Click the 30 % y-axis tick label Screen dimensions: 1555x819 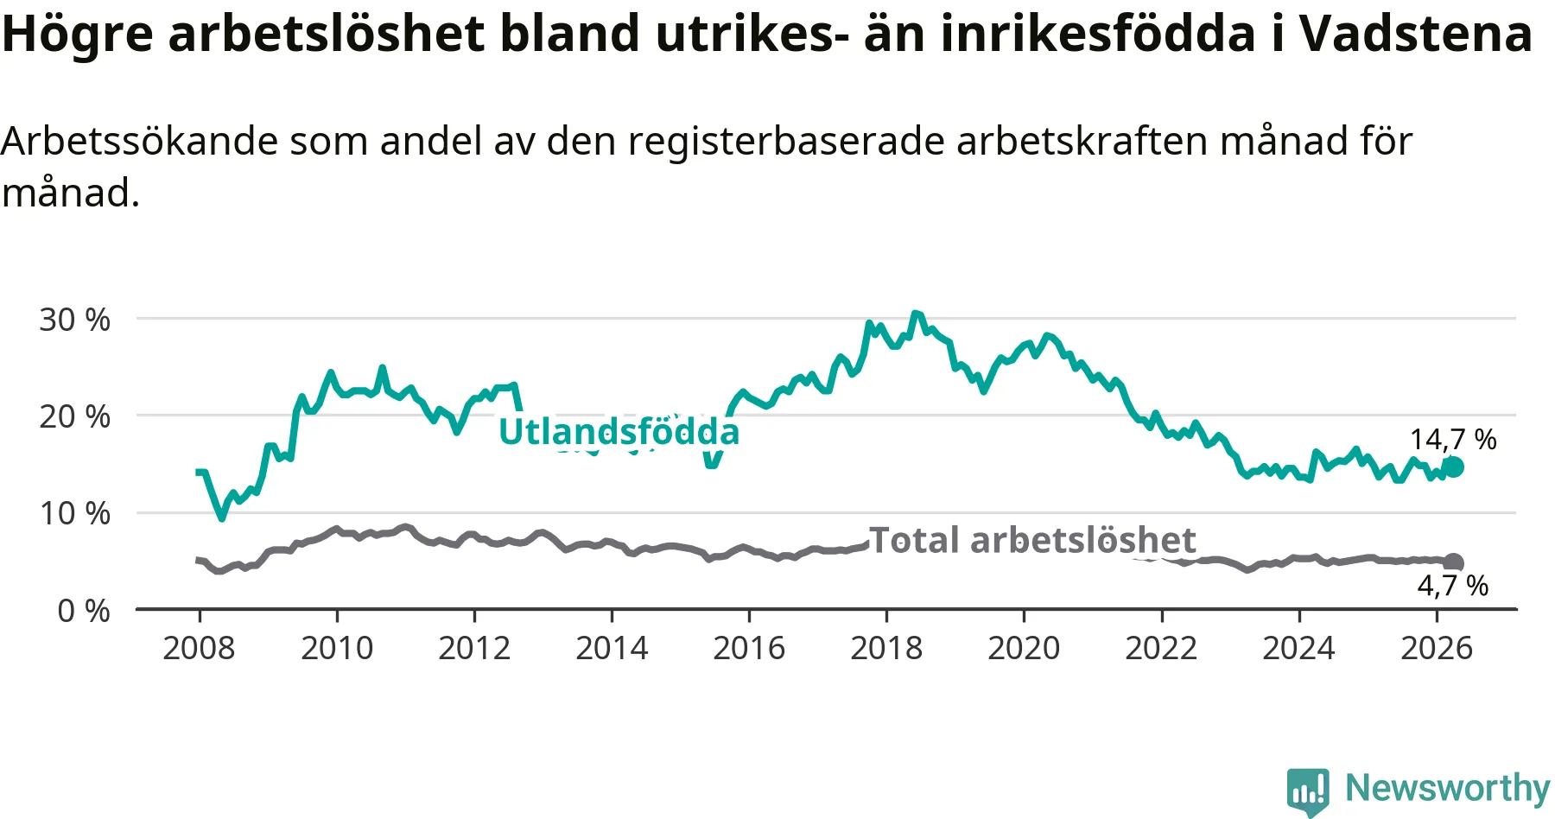pos(74,320)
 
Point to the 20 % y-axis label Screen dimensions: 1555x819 pos(74,416)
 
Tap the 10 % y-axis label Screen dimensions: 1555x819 pos(74,513)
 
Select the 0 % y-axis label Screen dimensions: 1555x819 pos(84,611)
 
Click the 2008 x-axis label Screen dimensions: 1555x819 pos(199,648)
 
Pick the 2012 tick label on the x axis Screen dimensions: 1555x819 pos(474,648)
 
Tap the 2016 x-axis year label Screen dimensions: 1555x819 pos(749,648)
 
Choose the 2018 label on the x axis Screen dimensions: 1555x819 pos(886,648)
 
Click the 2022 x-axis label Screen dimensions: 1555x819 pos(1161,648)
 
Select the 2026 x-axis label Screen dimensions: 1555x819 pos(1437,648)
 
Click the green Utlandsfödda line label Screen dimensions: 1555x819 pos(619,432)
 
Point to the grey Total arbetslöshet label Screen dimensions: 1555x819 pos(1032,540)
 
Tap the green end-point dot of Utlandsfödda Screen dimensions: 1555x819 pos(1454,467)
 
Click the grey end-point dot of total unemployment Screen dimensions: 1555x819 pos(1454,563)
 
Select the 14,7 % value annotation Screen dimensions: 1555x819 pos(1453,440)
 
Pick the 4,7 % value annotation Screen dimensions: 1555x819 pos(1453,586)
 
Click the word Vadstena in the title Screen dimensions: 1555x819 pos(1416,34)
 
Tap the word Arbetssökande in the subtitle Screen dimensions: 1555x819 pos(140,141)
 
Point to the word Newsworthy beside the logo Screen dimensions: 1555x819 pos(1448,788)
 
